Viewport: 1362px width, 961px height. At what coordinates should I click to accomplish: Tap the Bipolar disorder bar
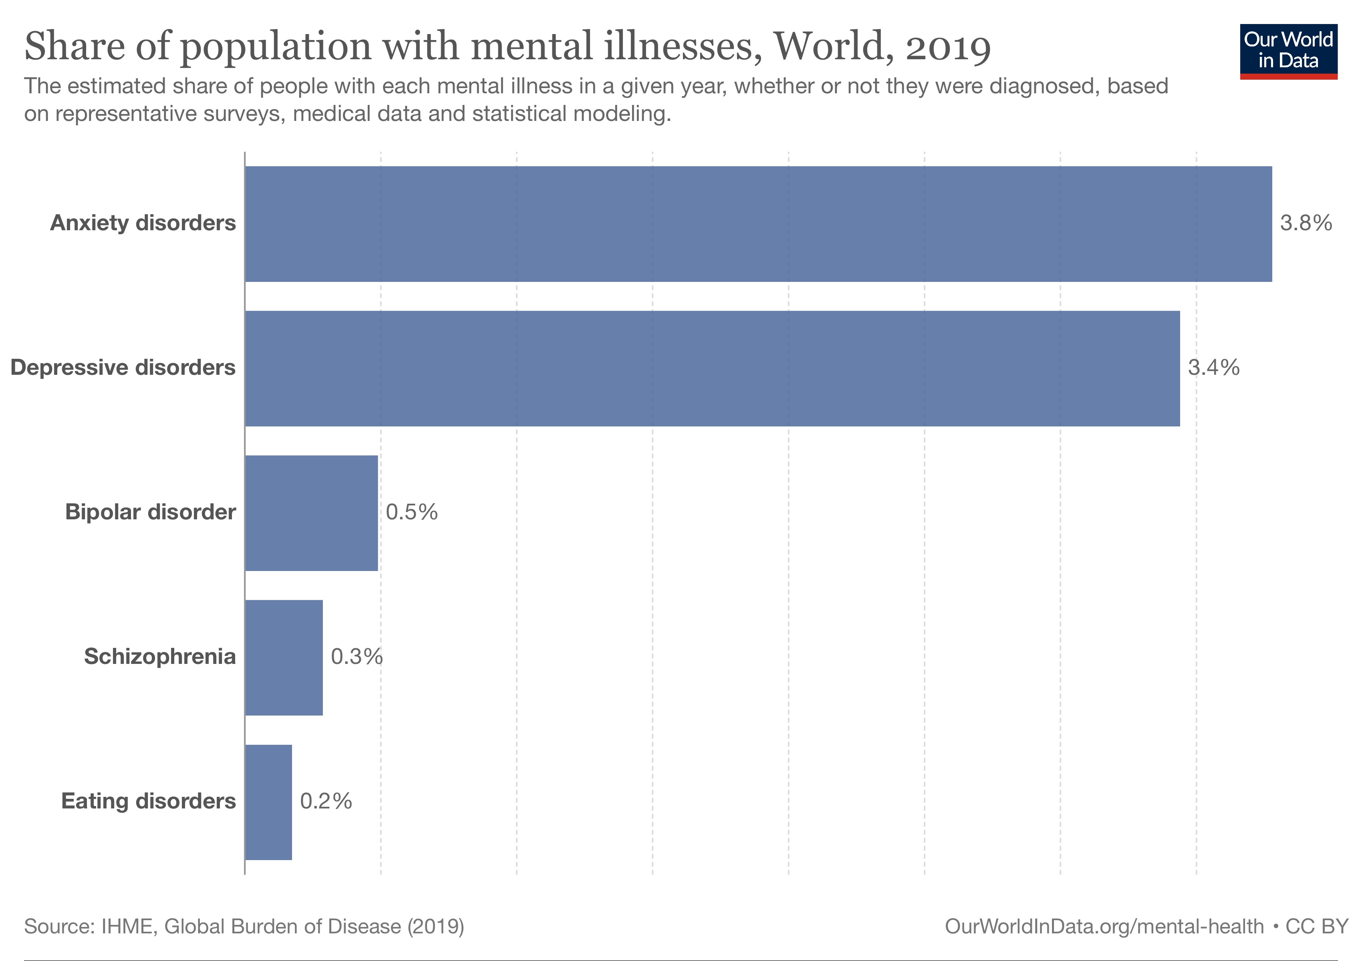click(x=311, y=513)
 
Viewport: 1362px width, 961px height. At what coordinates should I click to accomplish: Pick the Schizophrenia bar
click(x=284, y=657)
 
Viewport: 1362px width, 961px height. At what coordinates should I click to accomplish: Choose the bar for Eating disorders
click(x=268, y=802)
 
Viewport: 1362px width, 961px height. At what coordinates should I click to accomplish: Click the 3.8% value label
click(x=1306, y=223)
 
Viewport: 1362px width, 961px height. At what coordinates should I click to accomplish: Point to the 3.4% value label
click(x=1213, y=368)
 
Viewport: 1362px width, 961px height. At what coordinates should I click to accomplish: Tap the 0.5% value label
click(x=411, y=512)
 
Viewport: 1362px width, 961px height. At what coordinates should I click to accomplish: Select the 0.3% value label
click(x=357, y=657)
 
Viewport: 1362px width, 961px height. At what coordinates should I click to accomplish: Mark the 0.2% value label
click(x=326, y=802)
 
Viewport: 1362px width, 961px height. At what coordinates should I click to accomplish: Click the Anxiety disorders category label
click(x=143, y=223)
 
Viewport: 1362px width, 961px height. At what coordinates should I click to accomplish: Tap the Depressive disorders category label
click(x=123, y=368)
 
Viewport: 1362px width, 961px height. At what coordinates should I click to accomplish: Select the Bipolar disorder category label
click(x=150, y=512)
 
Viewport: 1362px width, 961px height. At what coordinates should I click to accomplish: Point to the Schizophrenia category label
click(x=159, y=657)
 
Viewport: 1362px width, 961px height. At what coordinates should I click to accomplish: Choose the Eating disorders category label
click(x=148, y=802)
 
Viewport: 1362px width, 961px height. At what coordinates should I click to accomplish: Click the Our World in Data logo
click(x=1288, y=51)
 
